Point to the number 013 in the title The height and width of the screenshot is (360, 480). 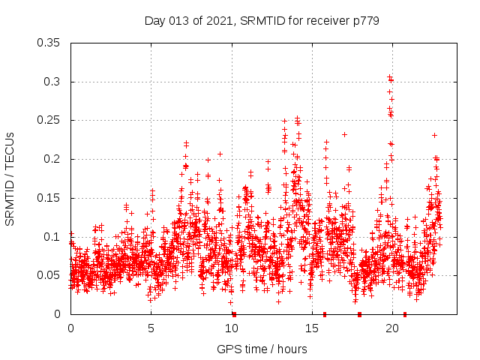pyautogui.click(x=180, y=21)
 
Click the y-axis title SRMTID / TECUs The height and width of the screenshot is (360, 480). pyautogui.click(x=10, y=178)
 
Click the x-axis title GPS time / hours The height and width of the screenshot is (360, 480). pyautogui.click(x=262, y=349)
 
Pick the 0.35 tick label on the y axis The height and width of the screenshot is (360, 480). pyautogui.click(x=49, y=43)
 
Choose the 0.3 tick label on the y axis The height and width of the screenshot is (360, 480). pyautogui.click(x=52, y=82)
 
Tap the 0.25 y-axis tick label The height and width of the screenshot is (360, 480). pyautogui.click(x=49, y=120)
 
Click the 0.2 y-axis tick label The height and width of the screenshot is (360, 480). pyautogui.click(x=52, y=159)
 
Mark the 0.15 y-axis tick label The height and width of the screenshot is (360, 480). pyautogui.click(x=49, y=198)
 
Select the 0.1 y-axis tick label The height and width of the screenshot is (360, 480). pyautogui.click(x=52, y=237)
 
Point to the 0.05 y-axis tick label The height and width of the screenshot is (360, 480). pyautogui.click(x=49, y=275)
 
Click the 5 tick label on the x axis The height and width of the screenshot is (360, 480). pyautogui.click(x=151, y=328)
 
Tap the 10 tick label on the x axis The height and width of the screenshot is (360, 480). pyautogui.click(x=232, y=328)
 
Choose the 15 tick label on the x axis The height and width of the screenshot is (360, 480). pyautogui.click(x=312, y=328)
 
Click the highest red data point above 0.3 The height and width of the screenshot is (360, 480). pyautogui.click(x=389, y=76)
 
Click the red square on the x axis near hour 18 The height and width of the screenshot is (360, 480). pyautogui.click(x=360, y=314)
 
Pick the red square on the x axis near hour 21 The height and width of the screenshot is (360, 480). pyautogui.click(x=405, y=314)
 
